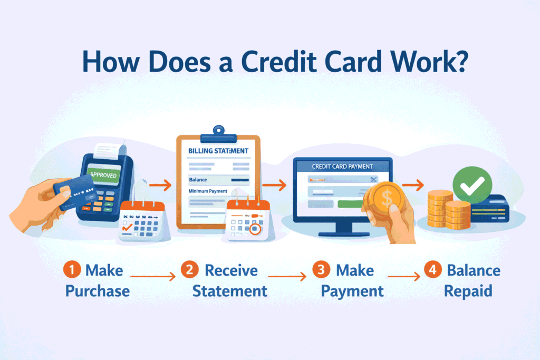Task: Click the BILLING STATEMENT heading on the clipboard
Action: pyautogui.click(x=218, y=151)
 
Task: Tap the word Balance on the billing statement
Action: pyautogui.click(x=197, y=180)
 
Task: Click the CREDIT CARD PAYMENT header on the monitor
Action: pyautogui.click(x=342, y=167)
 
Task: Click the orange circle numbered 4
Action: pyautogui.click(x=432, y=271)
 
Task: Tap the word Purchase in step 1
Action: pyautogui.click(x=98, y=291)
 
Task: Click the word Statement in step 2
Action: pyautogui.click(x=229, y=291)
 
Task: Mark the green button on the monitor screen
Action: pyautogui.click(x=351, y=203)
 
